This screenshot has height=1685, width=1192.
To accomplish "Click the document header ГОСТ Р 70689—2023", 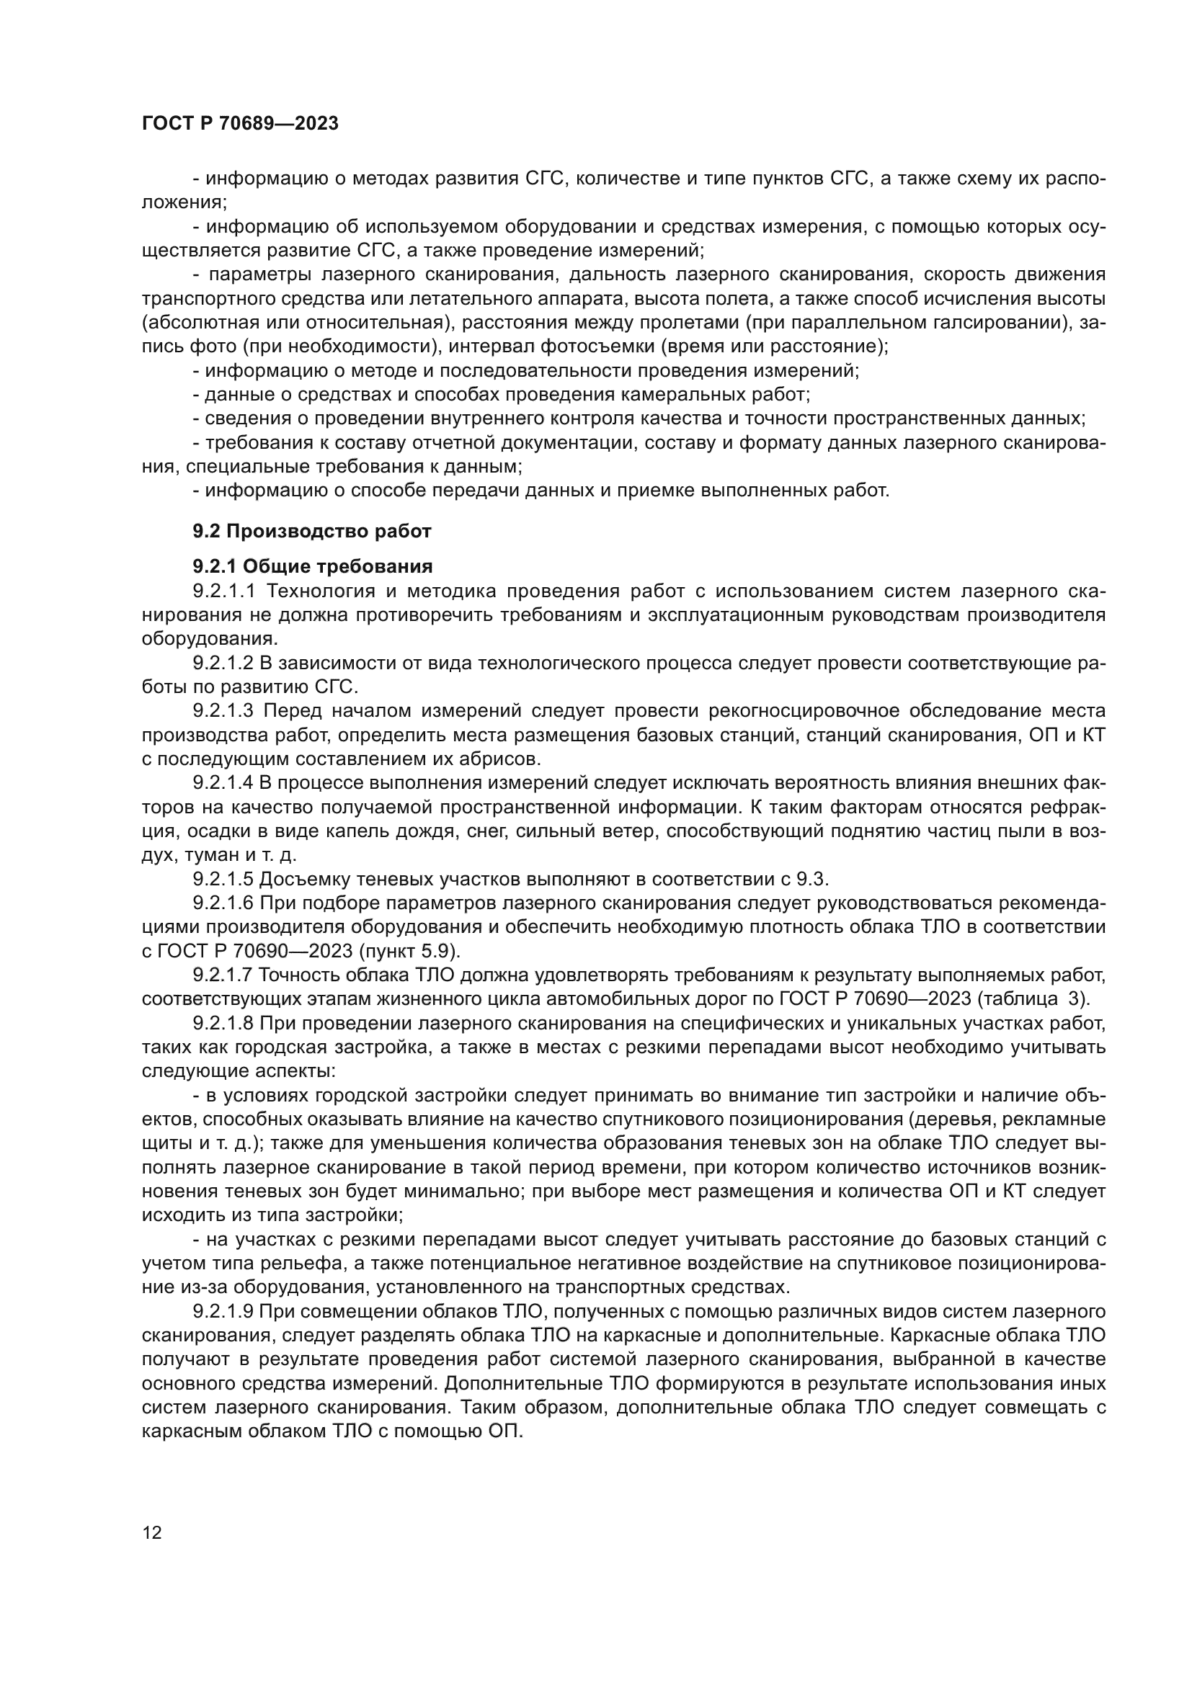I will click(x=240, y=123).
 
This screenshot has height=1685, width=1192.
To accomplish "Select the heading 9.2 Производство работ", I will click(x=312, y=532).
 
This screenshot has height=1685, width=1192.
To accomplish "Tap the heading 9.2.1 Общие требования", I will click(x=312, y=566).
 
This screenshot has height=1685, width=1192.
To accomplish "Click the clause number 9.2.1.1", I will click(x=223, y=591).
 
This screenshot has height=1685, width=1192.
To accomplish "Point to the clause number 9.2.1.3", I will click(x=223, y=710).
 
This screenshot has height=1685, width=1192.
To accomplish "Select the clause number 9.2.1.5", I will click(x=223, y=879).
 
